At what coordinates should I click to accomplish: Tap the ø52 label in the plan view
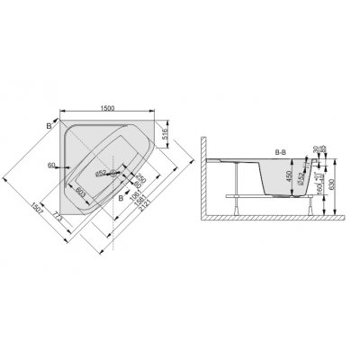(x=102, y=169)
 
